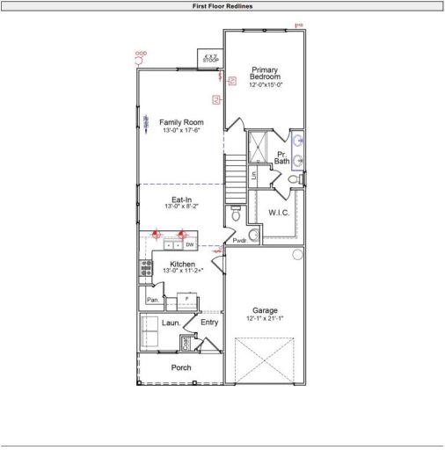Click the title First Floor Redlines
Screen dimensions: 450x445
point(222,5)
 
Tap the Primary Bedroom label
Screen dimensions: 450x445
point(265,73)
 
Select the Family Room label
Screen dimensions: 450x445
point(181,122)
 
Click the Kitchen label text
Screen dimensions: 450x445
point(182,264)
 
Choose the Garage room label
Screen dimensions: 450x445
point(265,310)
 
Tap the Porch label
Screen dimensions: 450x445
point(181,367)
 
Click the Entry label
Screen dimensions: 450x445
point(208,323)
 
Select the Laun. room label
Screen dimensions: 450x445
point(171,323)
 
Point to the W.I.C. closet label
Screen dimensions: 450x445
point(279,213)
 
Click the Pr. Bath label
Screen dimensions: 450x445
point(281,157)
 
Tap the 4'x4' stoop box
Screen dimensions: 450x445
point(210,59)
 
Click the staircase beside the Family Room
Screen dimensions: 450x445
point(234,175)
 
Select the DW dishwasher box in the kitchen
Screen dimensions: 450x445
point(189,245)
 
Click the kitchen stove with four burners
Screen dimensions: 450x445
point(144,268)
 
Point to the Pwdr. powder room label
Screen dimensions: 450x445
point(238,240)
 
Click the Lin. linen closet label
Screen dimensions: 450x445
point(253,174)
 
